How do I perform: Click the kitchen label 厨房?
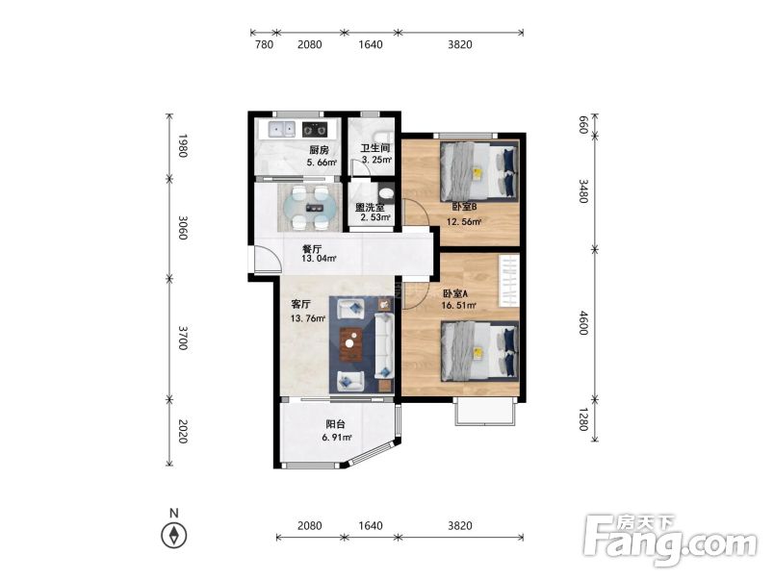click(319, 150)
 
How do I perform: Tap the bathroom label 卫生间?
click(375, 148)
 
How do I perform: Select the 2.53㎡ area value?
click(375, 217)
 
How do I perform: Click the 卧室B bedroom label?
click(464, 207)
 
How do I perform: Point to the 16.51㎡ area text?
click(458, 306)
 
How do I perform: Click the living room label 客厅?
click(300, 304)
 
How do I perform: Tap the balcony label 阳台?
click(336, 424)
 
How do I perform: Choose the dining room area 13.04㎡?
click(320, 259)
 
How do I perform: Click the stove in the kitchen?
click(315, 130)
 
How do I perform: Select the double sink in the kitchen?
click(281, 130)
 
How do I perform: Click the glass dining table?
click(310, 208)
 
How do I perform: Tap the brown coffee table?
click(351, 344)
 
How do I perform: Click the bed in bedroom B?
click(479, 170)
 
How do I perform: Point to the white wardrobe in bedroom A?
click(508, 280)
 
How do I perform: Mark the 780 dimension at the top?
click(264, 44)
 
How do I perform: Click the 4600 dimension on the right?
click(583, 323)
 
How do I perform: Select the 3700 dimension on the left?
click(183, 338)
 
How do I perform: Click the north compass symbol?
click(173, 535)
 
